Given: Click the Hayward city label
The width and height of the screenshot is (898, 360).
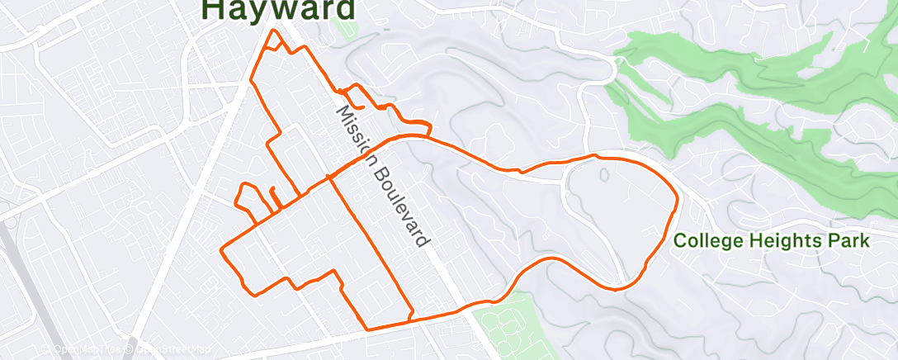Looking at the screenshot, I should [x=279, y=9].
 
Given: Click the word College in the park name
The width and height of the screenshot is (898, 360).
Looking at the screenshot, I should [x=708, y=242].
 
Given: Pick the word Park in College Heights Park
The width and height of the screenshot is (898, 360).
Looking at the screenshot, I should [x=849, y=242].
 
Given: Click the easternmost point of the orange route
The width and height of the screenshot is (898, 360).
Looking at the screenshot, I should [x=678, y=198].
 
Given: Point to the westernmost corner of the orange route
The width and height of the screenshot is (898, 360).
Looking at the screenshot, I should [x=221, y=249].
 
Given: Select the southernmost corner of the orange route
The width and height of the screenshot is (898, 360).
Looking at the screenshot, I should [x=365, y=329].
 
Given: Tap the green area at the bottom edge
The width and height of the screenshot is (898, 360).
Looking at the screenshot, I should [x=503, y=330].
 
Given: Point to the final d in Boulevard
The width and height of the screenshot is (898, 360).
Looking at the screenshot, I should [x=425, y=241].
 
